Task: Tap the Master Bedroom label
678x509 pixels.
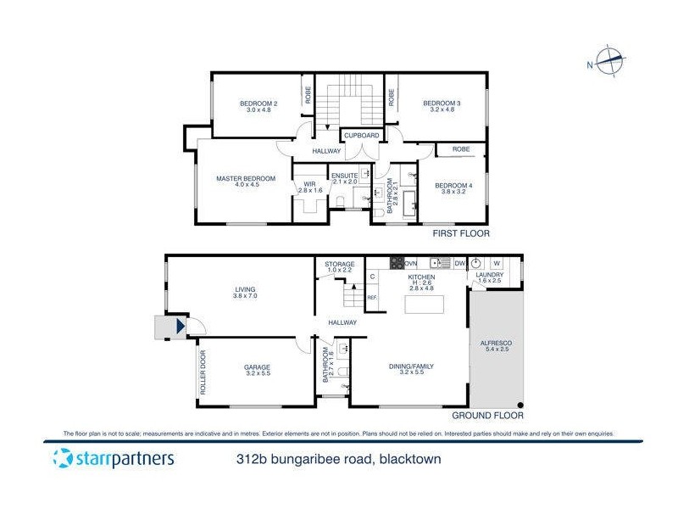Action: click(246, 178)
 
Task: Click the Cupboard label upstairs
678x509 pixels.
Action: click(361, 135)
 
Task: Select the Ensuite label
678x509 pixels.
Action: click(345, 175)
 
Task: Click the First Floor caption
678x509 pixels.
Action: click(462, 233)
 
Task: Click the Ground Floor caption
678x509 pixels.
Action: click(487, 416)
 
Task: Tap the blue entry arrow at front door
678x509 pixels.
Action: click(180, 326)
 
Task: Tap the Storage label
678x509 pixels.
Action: click(339, 265)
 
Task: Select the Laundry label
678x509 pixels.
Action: click(490, 275)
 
